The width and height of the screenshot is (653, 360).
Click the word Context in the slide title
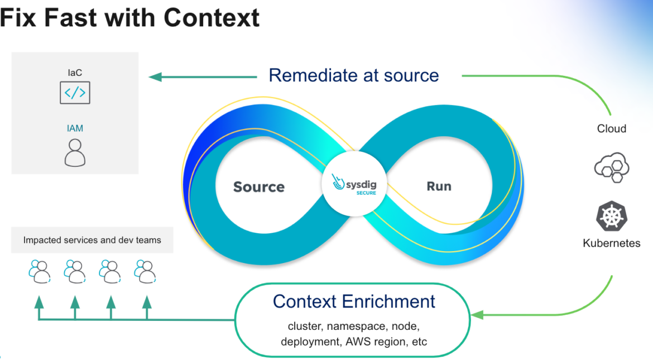pos(212,18)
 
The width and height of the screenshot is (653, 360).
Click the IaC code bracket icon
pos(75,93)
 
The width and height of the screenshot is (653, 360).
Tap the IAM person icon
pos(75,152)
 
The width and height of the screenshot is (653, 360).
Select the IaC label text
pos(75,73)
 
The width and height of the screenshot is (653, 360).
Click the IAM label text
pos(75,128)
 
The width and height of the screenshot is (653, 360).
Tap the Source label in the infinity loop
pos(258,187)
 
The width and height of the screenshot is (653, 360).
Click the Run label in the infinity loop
pos(439,186)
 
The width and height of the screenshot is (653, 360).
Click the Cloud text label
pos(612,129)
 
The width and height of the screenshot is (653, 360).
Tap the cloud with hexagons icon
pos(612,167)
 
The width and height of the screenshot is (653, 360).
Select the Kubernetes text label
pos(612,243)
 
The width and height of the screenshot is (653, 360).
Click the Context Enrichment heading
pos(354,302)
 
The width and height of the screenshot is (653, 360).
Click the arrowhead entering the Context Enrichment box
pos(477,315)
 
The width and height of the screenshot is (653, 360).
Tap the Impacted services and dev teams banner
pos(92,241)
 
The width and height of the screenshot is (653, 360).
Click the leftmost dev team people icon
pos(39,272)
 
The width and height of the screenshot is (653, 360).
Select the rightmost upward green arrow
pos(147,303)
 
